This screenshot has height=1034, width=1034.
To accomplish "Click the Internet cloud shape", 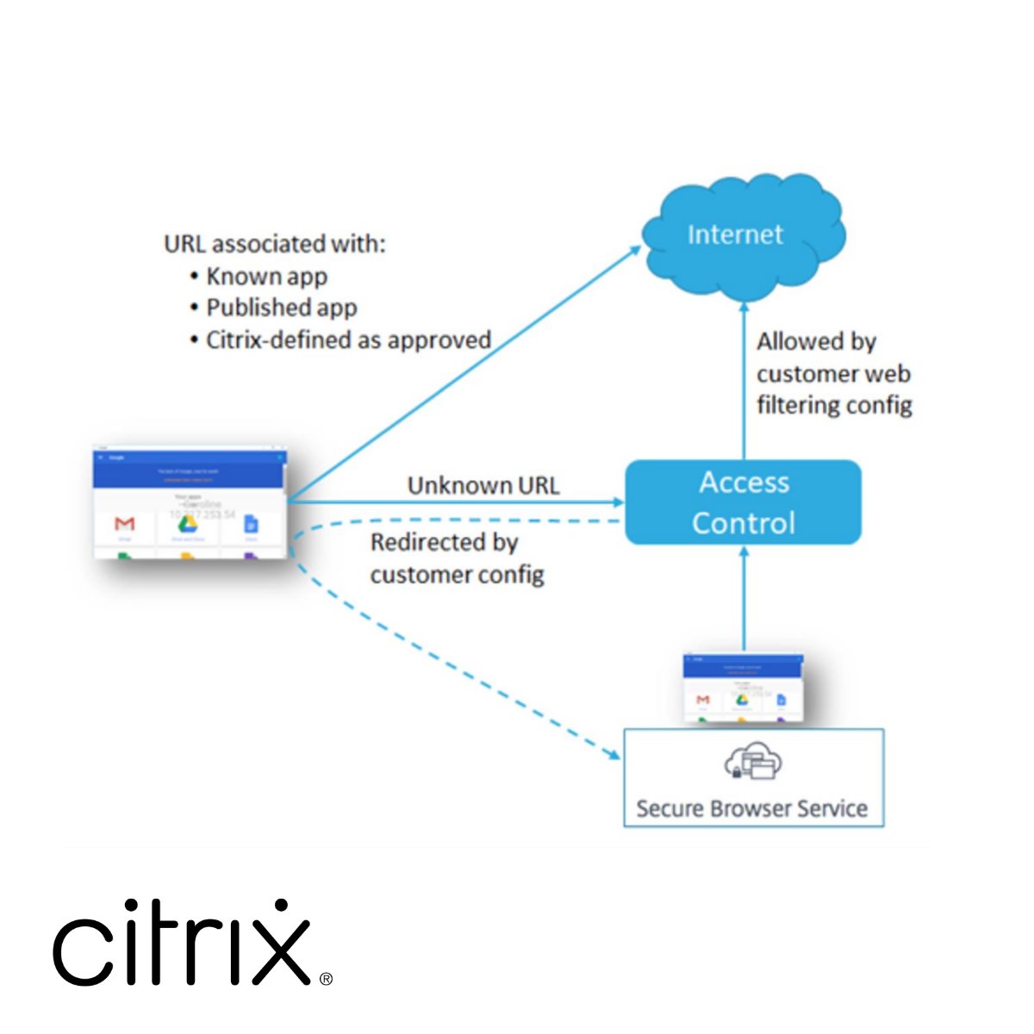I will point(743,234).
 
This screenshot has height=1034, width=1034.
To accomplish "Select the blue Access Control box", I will point(743,502).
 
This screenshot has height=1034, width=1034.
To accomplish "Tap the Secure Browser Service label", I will point(751,808).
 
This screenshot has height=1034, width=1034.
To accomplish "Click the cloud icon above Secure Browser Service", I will point(753,761).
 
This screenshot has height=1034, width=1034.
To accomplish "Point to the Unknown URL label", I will point(483,485).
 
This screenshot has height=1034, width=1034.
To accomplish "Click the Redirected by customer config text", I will point(457,557).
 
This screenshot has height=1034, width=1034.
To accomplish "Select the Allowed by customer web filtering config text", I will point(833,373).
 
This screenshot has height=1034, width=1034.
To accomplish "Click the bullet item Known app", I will point(266,277).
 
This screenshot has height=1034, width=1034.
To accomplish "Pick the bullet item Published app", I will point(281,308).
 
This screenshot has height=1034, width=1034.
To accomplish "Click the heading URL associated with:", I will point(275,244).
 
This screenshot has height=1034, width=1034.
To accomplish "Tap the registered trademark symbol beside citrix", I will point(326,979).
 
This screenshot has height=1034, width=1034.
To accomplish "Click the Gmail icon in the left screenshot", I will point(125,524).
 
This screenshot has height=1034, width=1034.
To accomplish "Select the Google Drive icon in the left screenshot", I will point(187,523).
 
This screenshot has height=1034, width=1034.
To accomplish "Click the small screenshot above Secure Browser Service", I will point(743,687).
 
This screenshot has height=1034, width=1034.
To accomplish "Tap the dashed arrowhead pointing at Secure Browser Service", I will point(614,755).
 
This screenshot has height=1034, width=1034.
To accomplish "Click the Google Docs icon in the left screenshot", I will point(251,523).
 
